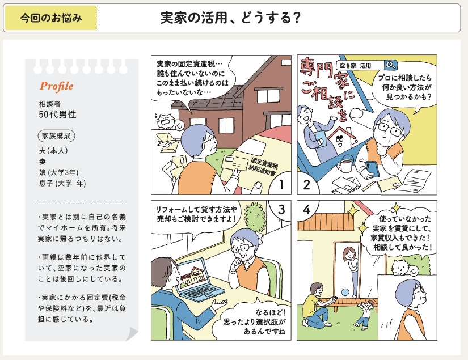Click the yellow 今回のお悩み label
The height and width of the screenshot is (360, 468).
[51, 18]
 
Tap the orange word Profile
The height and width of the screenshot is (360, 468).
[56, 86]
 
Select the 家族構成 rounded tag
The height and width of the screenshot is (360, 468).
[56, 135]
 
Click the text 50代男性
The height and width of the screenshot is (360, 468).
[58, 115]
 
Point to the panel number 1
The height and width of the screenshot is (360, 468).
[281, 185]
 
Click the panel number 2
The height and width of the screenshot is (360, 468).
[306, 185]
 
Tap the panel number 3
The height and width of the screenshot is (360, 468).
[281, 209]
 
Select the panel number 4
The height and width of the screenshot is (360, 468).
[306, 210]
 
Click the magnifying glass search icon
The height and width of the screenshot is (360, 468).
[390, 65]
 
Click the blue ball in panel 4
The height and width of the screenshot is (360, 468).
[345, 292]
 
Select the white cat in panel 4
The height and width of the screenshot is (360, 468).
[403, 268]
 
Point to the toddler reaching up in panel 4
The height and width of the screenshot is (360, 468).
[366, 315]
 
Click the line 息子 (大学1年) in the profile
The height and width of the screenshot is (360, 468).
[62, 183]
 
